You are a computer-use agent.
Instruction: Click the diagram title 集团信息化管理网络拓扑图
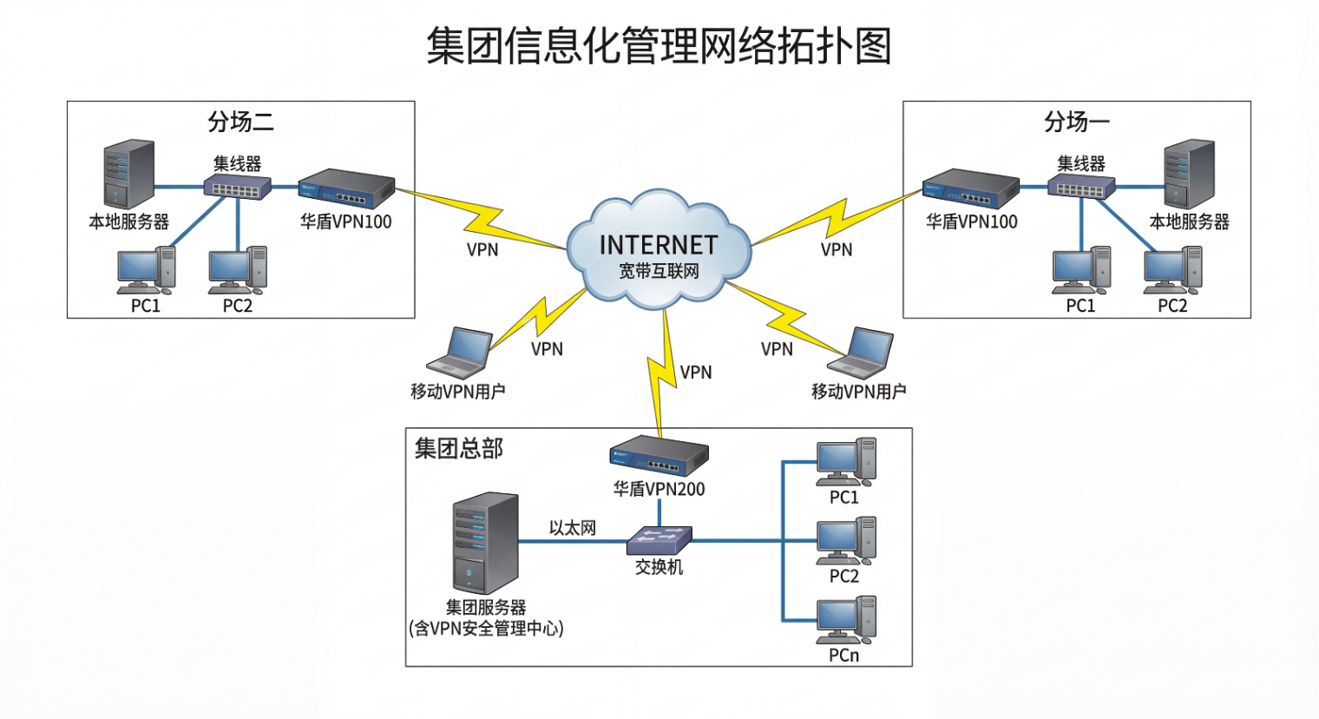[x=659, y=46]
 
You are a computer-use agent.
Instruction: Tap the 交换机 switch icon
[x=659, y=539]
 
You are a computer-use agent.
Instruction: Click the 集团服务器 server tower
[x=486, y=544]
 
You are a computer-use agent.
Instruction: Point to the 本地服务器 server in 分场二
[x=129, y=175]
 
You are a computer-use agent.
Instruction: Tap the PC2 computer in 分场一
[x=1172, y=271]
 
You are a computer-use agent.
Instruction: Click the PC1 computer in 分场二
[x=146, y=271]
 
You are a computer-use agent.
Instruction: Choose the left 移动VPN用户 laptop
[x=460, y=353]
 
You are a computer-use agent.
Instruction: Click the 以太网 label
[x=572, y=528]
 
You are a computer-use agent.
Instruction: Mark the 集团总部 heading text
[x=458, y=449]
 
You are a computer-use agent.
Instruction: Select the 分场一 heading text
[x=1076, y=122]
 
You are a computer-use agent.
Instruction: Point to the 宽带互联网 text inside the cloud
[x=659, y=272]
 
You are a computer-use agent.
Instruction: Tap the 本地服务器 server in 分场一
[x=1189, y=175]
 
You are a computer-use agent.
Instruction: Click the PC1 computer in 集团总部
[x=845, y=462]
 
